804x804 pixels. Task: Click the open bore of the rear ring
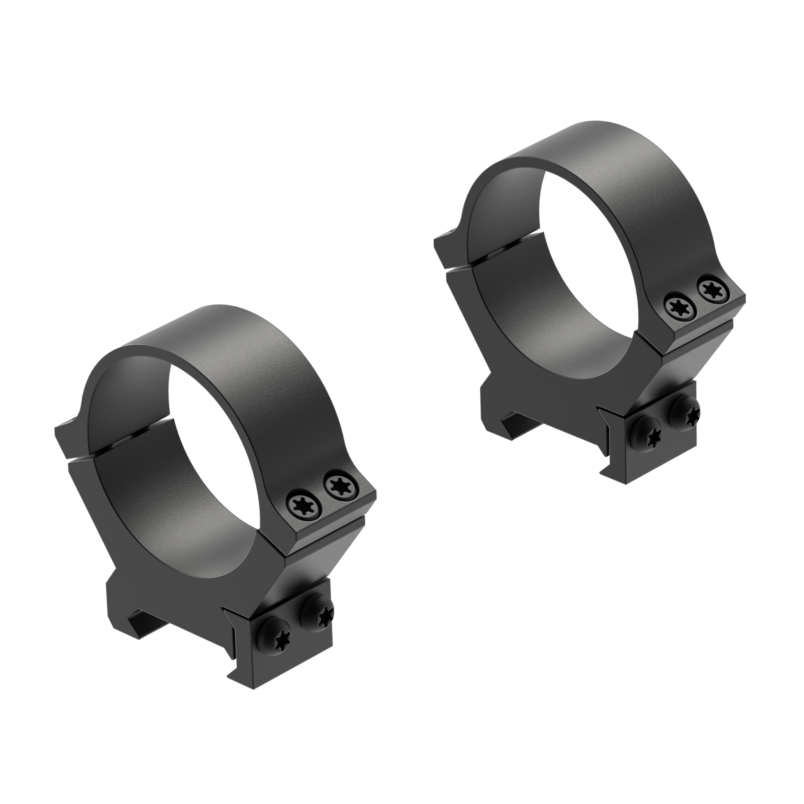point(574,270)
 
